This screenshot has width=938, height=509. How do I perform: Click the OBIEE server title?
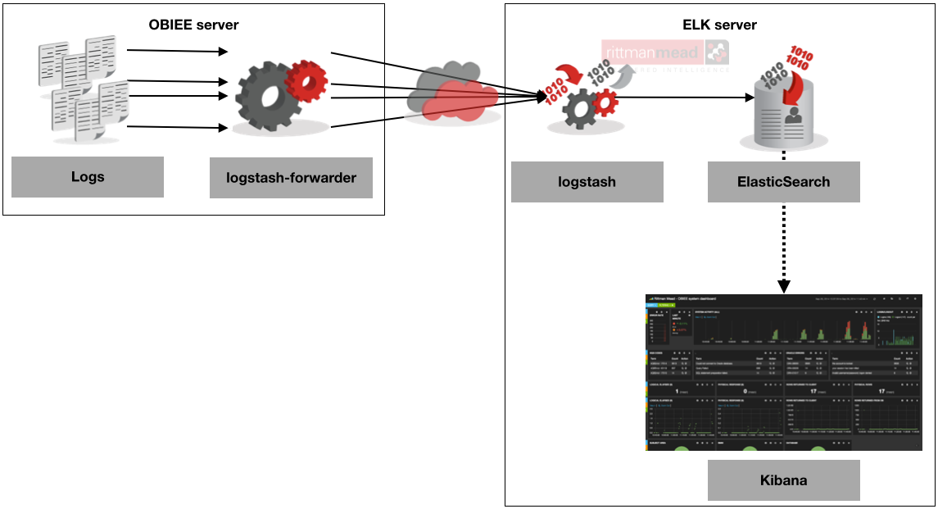tap(193, 25)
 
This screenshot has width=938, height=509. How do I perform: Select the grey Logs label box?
tap(88, 177)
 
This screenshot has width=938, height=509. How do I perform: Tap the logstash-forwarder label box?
tap(291, 177)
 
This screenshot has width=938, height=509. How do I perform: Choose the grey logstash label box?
tap(587, 182)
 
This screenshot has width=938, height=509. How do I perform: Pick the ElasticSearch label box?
tap(783, 182)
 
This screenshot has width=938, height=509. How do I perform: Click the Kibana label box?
tap(783, 480)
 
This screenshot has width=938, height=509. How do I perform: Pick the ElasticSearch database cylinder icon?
tap(782, 115)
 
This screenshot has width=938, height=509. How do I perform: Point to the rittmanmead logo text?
tap(652, 54)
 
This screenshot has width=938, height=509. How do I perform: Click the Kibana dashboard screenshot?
tap(784, 371)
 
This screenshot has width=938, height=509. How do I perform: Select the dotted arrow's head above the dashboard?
tap(783, 285)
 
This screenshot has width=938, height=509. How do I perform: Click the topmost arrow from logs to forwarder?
tap(177, 52)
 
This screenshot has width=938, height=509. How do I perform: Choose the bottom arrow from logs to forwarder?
tap(177, 127)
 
